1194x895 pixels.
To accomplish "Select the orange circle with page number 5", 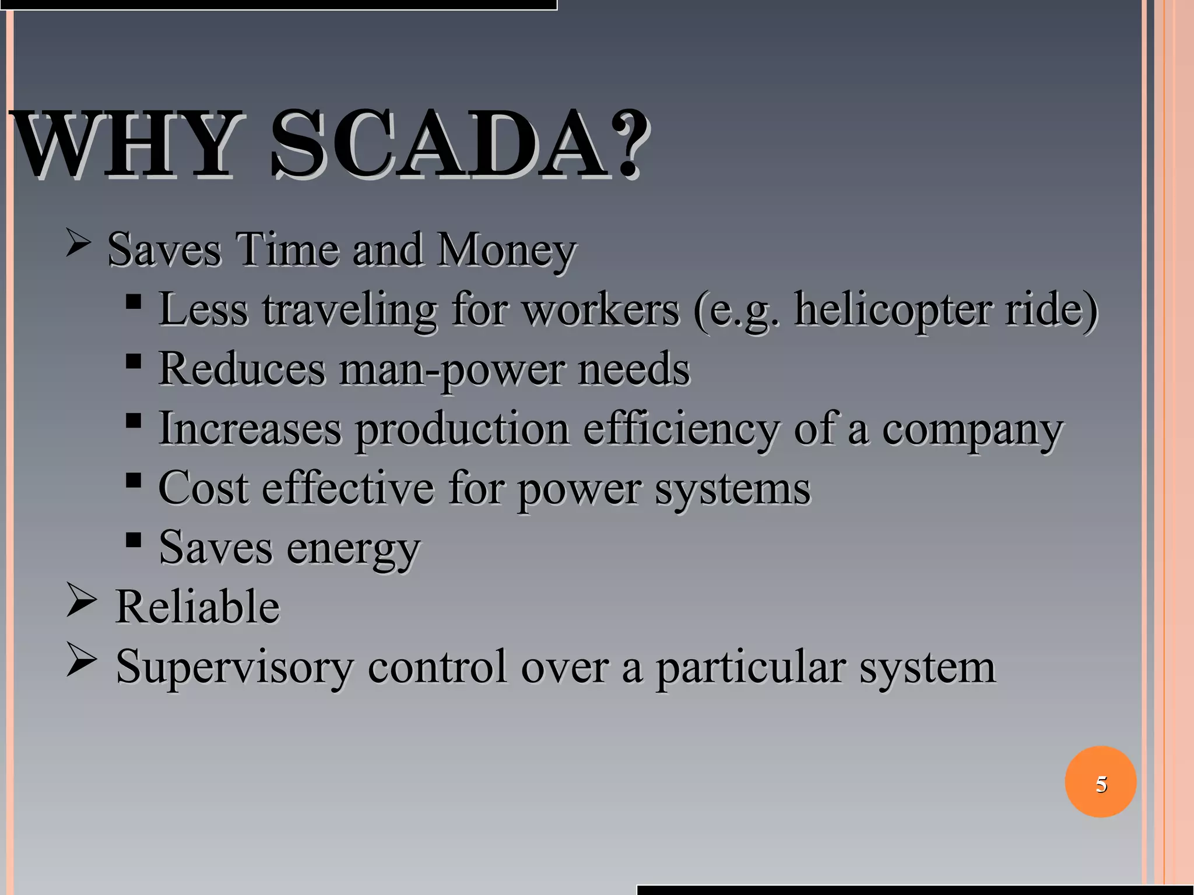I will click(x=1100, y=782).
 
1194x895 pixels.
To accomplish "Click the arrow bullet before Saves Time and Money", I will click(x=78, y=242).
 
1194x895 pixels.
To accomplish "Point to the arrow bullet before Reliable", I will click(x=80, y=600).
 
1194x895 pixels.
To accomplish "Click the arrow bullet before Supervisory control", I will click(x=80, y=660).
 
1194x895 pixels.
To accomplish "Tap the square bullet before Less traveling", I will click(x=134, y=301).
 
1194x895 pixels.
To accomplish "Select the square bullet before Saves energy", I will click(x=134, y=540).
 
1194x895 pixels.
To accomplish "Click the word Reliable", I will click(x=198, y=607).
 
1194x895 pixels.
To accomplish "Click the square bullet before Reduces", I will click(x=134, y=361).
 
